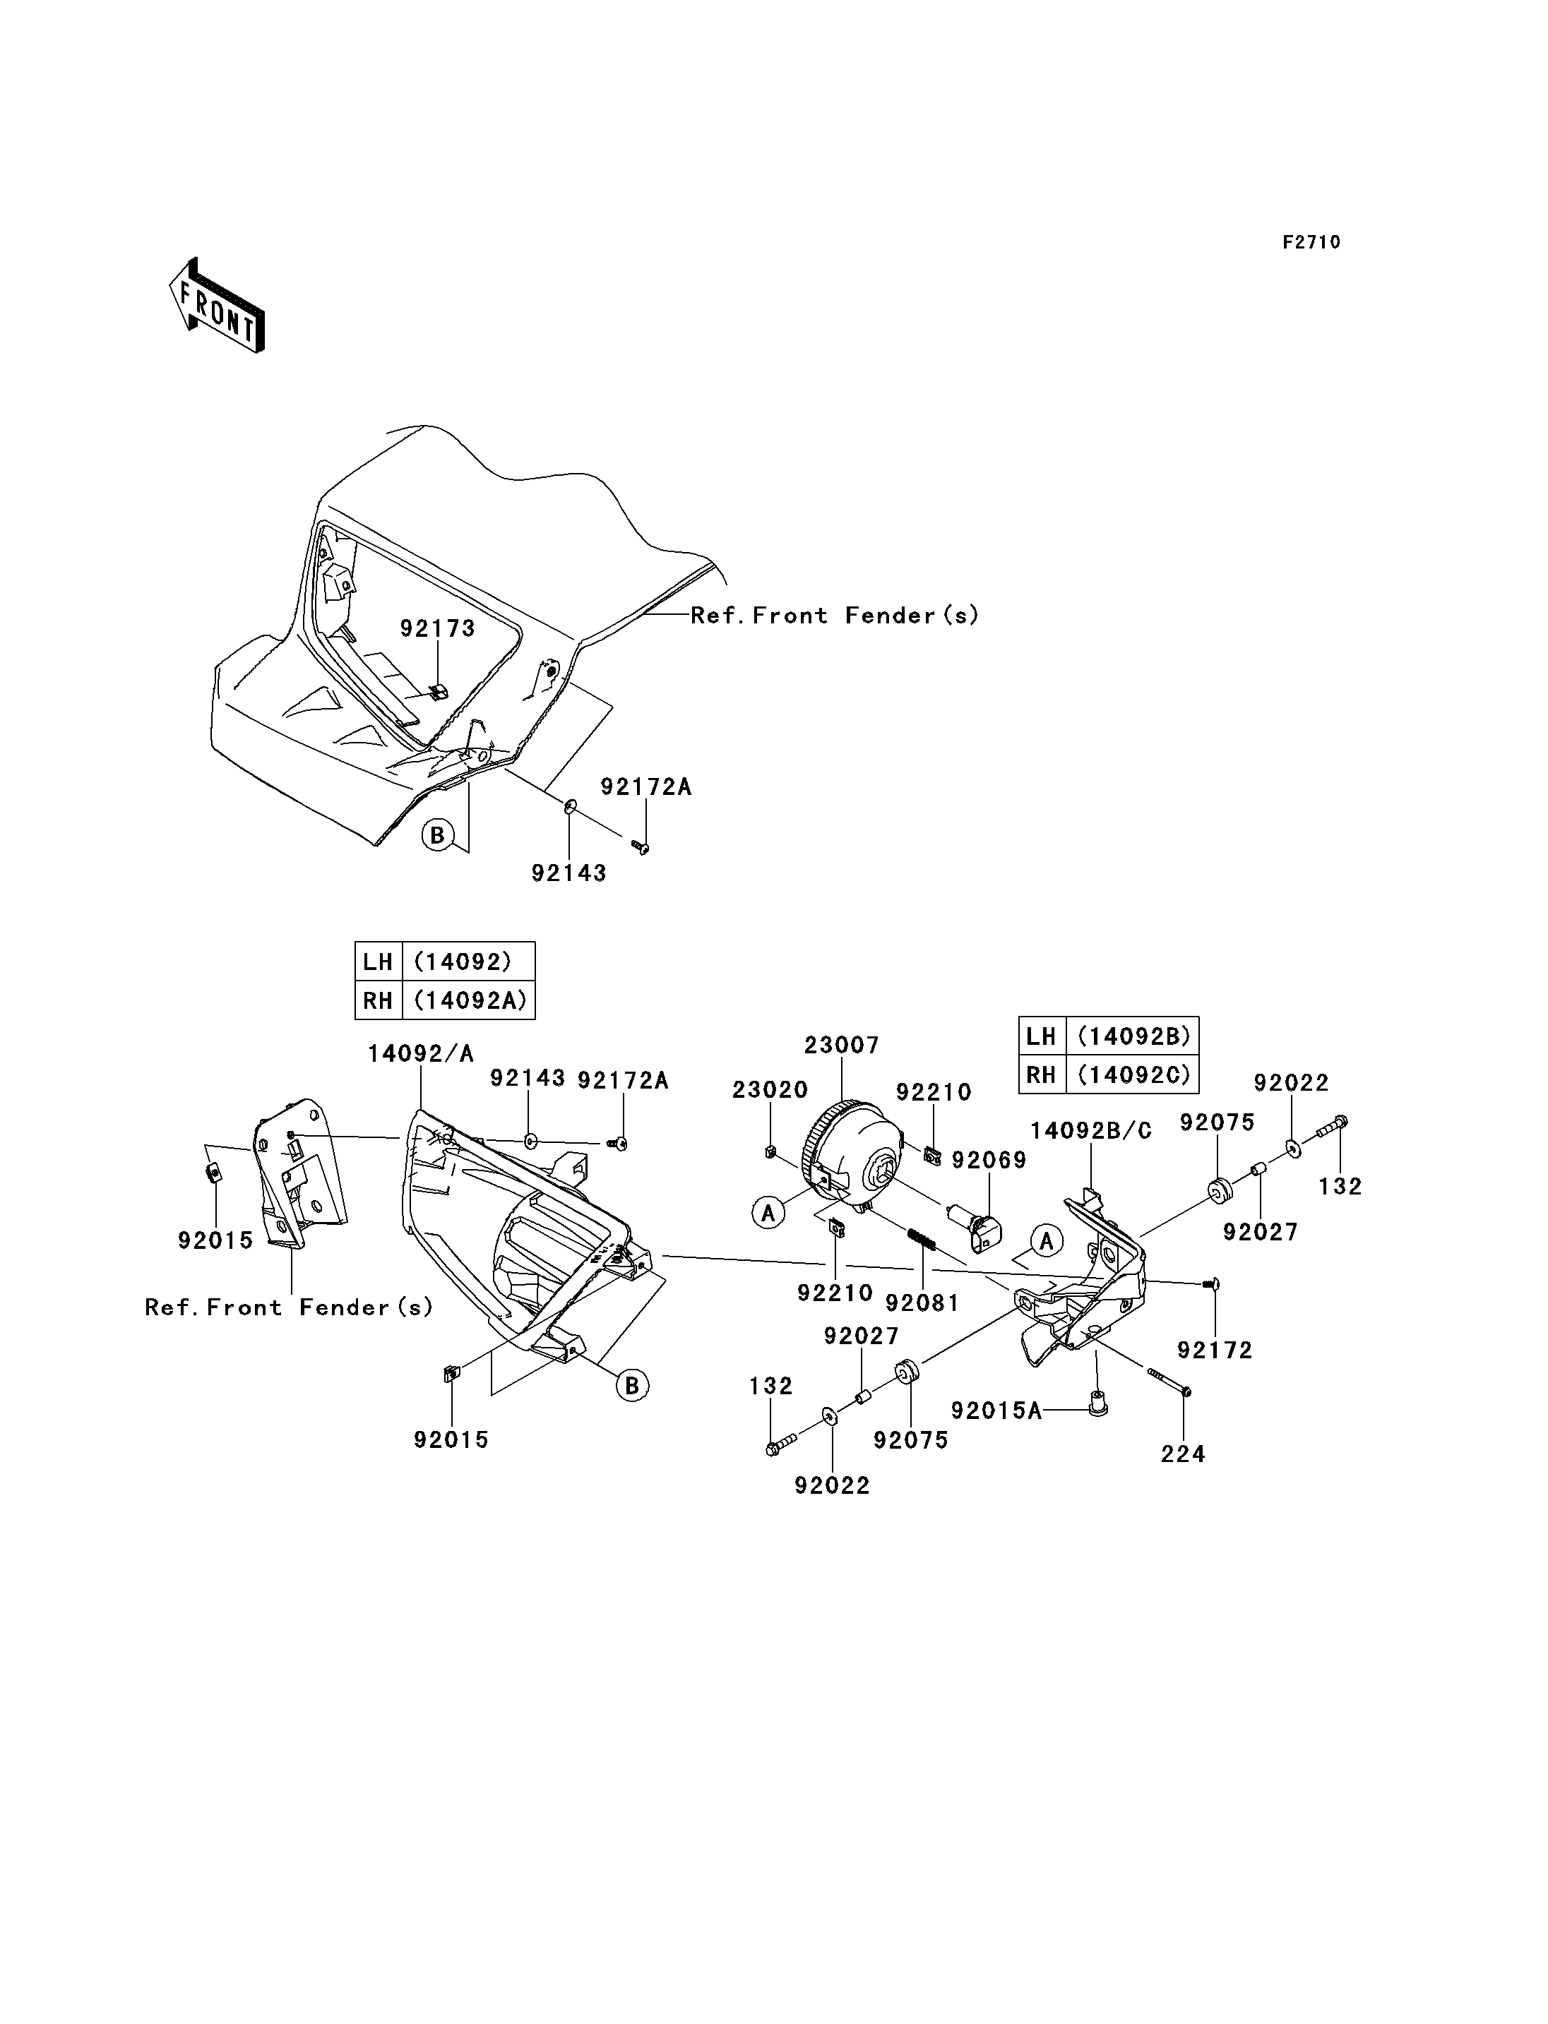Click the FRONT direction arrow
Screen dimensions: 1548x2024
(218, 305)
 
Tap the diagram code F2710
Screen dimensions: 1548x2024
(1311, 242)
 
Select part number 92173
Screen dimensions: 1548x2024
(438, 628)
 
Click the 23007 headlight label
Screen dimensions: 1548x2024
(841, 1046)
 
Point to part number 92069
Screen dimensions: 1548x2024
(989, 1161)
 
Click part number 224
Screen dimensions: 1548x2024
(1183, 1454)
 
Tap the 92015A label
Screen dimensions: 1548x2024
(996, 1411)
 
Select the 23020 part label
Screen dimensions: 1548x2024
(770, 1090)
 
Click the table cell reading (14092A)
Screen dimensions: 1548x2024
(469, 1000)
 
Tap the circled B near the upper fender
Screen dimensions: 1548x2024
(438, 836)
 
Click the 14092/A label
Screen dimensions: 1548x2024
(420, 1054)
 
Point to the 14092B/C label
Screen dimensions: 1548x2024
(1091, 1131)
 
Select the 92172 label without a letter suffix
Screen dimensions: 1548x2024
(1215, 1351)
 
